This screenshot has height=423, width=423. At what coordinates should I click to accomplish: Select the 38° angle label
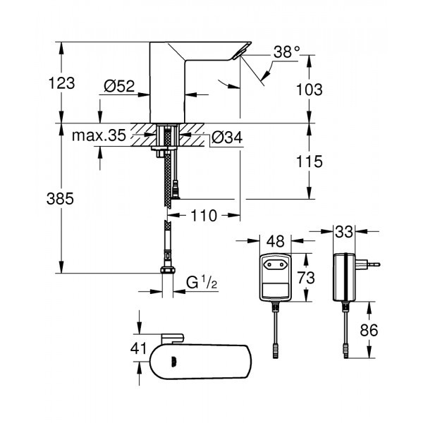click(x=286, y=51)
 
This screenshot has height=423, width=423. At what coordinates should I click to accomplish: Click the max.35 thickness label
click(x=98, y=135)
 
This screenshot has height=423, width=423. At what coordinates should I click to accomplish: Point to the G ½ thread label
click(x=202, y=284)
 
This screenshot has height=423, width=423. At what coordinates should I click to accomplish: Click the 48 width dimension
click(x=276, y=241)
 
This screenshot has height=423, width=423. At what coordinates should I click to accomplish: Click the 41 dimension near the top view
click(x=139, y=348)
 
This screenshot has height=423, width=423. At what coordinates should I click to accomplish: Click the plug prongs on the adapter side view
click(x=372, y=265)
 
